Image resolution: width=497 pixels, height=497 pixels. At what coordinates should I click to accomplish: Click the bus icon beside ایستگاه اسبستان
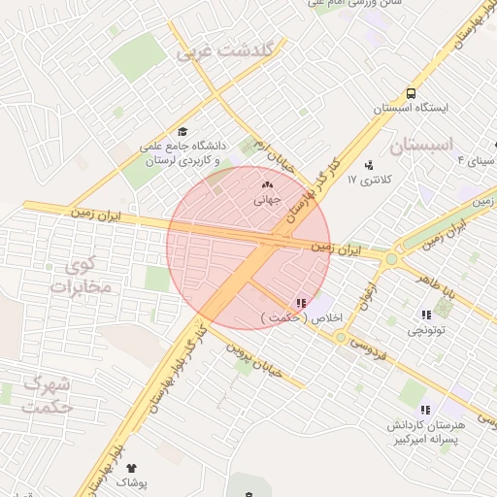(x=412, y=94)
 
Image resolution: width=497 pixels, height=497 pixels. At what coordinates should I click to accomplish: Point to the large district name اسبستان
(x=421, y=145)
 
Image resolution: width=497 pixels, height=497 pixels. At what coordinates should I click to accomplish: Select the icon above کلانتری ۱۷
(x=369, y=164)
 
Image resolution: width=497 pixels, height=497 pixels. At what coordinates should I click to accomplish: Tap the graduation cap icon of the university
(x=182, y=132)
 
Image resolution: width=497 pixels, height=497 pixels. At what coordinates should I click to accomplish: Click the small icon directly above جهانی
(x=267, y=184)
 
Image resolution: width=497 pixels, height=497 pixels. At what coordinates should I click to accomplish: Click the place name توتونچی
(x=425, y=330)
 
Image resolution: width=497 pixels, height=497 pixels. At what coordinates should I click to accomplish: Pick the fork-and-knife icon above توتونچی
(x=425, y=315)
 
